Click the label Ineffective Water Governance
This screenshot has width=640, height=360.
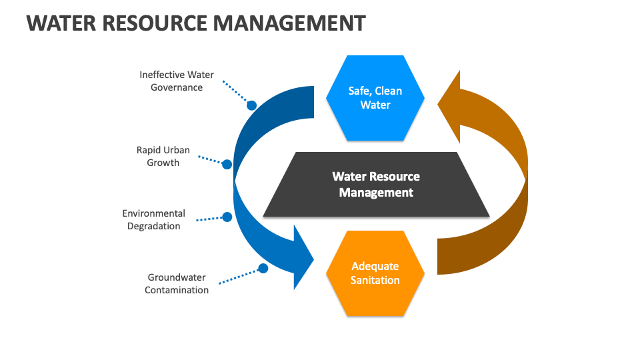177,81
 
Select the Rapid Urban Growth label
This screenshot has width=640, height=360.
163,156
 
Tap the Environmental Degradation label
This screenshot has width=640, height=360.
154,219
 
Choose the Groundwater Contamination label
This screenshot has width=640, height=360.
177,283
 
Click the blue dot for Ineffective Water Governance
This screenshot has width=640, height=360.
251,105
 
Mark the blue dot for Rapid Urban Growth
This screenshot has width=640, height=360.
227,164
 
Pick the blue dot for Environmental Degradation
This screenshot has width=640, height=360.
227,217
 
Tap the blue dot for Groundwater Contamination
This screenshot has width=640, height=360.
263,268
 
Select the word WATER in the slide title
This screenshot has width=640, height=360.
61,23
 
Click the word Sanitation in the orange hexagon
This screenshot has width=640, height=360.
375,280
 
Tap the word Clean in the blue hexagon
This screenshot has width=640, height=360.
389,91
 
